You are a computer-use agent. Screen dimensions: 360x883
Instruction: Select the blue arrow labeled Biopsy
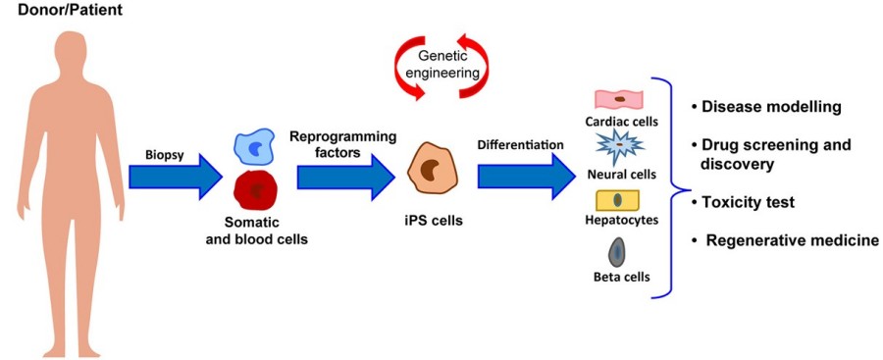(176, 177)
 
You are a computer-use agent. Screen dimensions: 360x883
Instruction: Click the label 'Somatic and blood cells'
(257, 231)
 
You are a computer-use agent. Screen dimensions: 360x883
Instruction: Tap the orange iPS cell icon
(431, 170)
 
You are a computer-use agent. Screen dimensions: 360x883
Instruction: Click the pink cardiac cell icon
(619, 100)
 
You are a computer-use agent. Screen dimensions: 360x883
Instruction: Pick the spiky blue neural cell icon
(620, 146)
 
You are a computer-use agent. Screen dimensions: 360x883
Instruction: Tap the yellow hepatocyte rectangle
(617, 200)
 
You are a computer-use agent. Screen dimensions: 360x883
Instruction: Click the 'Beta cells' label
(618, 277)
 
